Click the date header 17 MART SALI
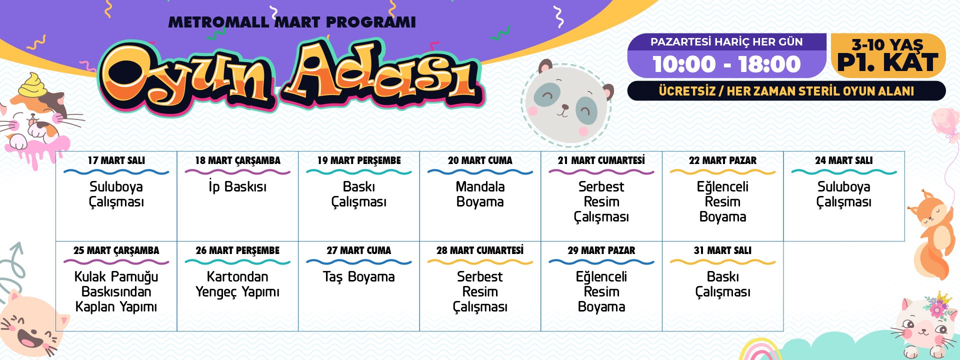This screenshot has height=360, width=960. (116, 160)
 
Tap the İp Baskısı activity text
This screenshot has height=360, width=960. (237, 186)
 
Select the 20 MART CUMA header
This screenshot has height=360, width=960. (480, 160)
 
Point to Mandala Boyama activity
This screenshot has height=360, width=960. (480, 194)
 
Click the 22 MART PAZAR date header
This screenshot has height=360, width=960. (722, 160)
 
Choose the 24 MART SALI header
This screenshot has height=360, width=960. (844, 160)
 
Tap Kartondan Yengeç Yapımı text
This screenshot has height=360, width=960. (237, 284)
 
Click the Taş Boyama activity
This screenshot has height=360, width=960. (359, 277)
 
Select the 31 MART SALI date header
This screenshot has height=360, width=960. (722, 250)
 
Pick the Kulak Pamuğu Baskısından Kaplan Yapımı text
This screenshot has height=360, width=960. (116, 291)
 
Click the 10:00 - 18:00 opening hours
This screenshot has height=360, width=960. (726, 64)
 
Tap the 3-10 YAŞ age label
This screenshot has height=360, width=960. (887, 44)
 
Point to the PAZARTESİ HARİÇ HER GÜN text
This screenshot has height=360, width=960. (726, 42)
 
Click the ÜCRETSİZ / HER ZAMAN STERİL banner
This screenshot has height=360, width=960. (786, 91)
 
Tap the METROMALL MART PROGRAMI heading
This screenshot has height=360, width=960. (292, 22)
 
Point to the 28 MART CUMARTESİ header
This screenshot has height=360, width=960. (480, 250)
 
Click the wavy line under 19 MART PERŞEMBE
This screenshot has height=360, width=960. (359, 172)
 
